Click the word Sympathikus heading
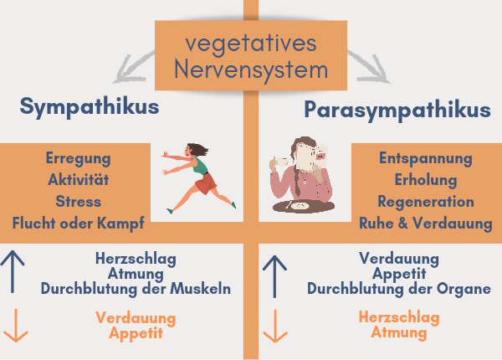click(x=90, y=107)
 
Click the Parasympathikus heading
click(x=397, y=111)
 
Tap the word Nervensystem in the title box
click(x=251, y=70)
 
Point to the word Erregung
click(x=78, y=159)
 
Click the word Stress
click(x=79, y=202)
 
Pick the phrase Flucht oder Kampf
click(x=79, y=224)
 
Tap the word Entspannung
click(x=426, y=159)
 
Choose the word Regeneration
click(x=426, y=202)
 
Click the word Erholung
click(x=426, y=180)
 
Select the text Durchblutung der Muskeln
click(x=136, y=289)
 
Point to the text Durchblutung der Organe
click(x=399, y=289)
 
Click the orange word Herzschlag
click(x=399, y=318)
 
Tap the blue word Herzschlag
click(x=136, y=259)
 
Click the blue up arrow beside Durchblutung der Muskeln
click(x=13, y=271)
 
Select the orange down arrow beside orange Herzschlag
click(x=275, y=326)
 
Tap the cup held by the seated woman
click(x=282, y=162)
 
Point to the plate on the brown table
click(x=300, y=206)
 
